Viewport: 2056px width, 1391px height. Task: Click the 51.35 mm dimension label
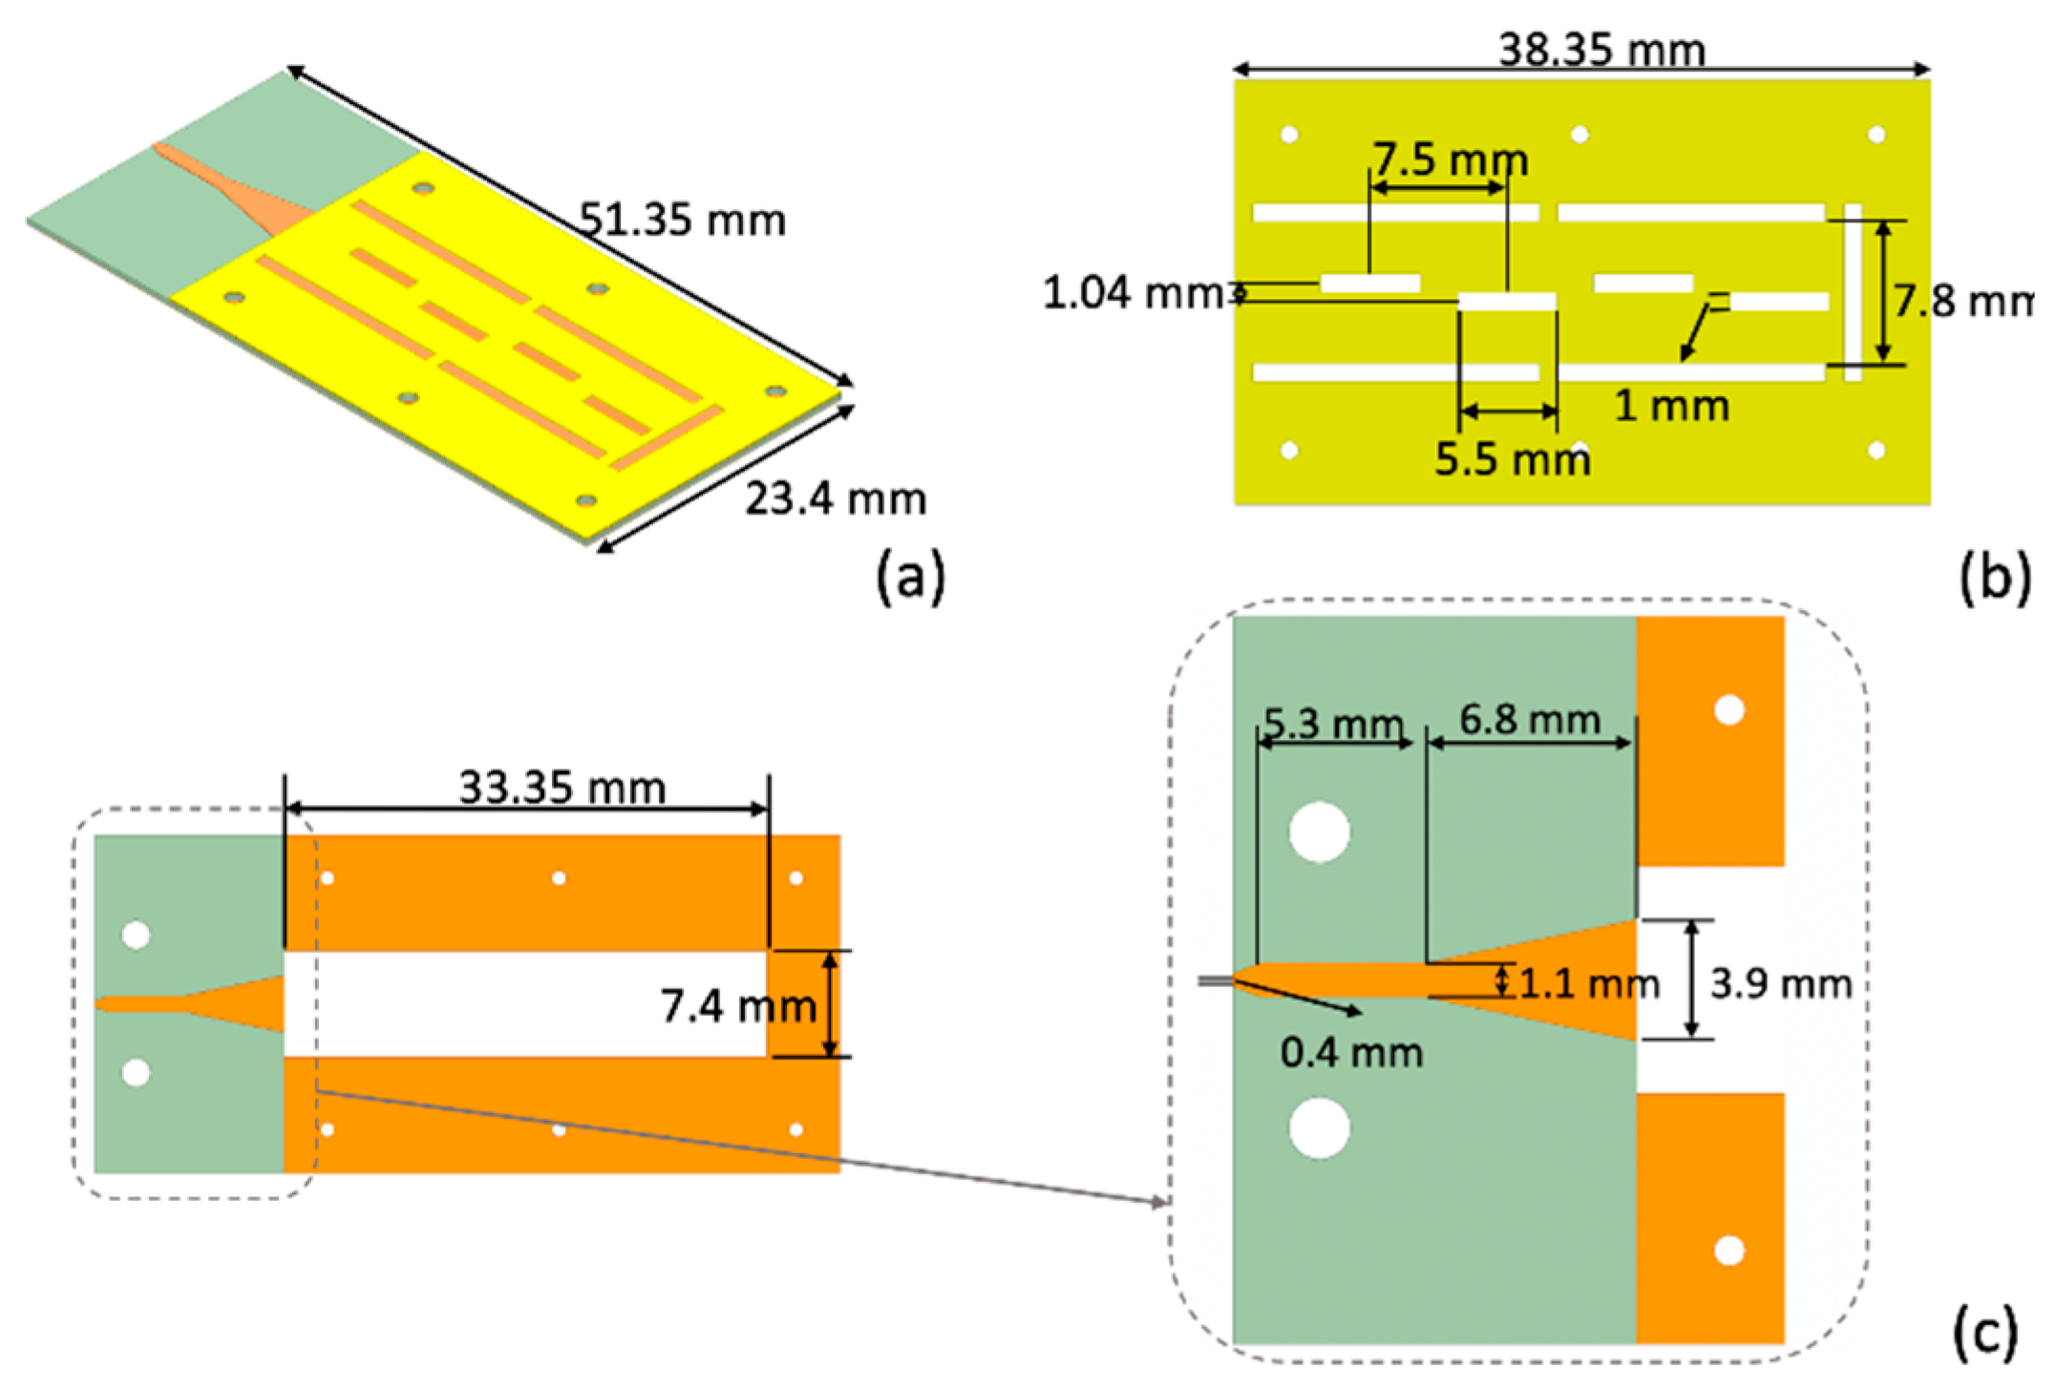(683, 221)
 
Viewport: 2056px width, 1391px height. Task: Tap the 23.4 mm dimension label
(836, 499)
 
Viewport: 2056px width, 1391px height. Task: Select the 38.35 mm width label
(1601, 50)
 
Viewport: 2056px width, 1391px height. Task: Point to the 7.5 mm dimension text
(1450, 159)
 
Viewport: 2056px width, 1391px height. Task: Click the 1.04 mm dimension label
(1133, 293)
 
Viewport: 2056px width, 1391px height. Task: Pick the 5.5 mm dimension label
(1513, 460)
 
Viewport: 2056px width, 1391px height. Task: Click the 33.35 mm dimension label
(562, 789)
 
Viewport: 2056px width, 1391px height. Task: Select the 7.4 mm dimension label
(738, 1006)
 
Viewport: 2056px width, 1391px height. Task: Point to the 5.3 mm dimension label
(1333, 725)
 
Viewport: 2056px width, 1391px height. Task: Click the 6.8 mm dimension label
(1530, 720)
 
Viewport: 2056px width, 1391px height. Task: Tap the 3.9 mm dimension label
(1781, 983)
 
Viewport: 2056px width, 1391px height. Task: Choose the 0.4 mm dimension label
(1351, 1053)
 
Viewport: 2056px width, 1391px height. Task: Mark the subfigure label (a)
(910, 576)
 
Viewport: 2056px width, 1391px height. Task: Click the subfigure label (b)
(1994, 576)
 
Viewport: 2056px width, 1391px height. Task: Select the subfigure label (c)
(1985, 1331)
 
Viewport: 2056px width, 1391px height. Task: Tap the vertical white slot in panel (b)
(1853, 292)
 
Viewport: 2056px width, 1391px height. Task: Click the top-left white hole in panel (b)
(1289, 135)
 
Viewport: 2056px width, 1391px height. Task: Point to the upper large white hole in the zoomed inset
(1320, 832)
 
